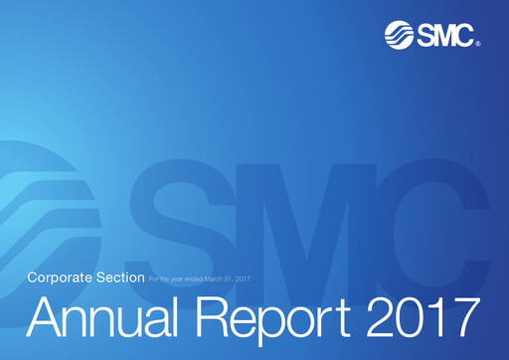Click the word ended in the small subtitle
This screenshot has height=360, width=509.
point(195,277)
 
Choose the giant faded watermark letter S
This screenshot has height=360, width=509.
point(174,214)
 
